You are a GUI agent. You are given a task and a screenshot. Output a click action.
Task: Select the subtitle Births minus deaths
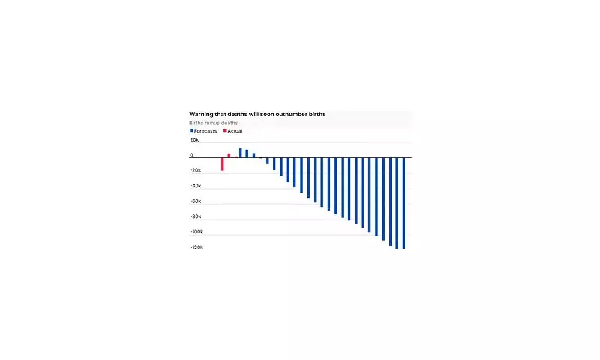click(213, 123)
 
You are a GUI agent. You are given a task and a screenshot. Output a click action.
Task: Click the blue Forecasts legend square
click(191, 131)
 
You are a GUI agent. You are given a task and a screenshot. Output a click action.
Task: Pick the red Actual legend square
click(225, 131)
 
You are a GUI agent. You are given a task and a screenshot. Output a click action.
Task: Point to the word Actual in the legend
click(235, 131)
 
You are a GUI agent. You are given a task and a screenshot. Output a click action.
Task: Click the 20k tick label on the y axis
click(194, 140)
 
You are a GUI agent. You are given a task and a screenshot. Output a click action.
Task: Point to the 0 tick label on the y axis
click(191, 156)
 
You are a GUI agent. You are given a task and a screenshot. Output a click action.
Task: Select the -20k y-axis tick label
click(196, 171)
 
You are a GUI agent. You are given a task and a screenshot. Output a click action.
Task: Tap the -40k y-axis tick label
click(196, 186)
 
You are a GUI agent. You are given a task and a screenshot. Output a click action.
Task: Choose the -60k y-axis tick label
click(196, 202)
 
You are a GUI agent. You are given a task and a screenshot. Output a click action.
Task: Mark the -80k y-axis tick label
click(196, 217)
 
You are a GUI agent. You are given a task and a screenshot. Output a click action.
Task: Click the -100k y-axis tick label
click(197, 232)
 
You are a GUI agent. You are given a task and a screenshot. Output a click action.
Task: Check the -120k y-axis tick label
click(197, 247)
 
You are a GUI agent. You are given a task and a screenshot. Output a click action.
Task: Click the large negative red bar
click(222, 164)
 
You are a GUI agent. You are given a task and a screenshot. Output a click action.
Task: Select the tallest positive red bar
click(229, 155)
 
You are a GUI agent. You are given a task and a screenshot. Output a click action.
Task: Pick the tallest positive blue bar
click(240, 153)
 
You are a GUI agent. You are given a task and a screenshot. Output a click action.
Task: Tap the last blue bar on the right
click(403, 202)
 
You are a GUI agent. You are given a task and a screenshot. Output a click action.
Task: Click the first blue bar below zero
click(267, 160)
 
